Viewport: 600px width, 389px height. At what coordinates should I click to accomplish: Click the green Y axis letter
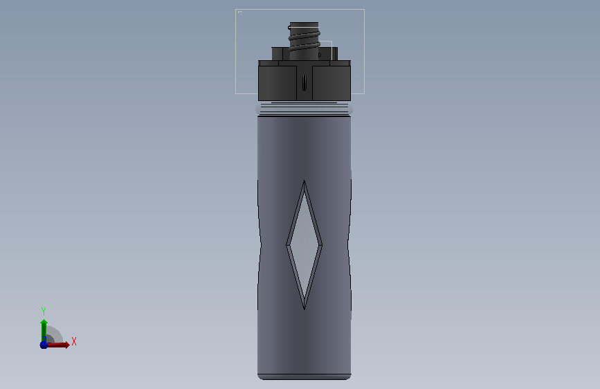tap(44, 311)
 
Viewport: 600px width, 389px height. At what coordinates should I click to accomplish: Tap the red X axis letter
tap(74, 341)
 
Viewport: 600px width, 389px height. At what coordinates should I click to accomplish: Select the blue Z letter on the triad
tap(44, 340)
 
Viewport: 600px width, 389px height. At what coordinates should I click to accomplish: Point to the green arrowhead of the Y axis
tap(44, 323)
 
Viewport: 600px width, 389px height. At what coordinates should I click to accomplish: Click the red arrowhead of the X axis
tap(67, 345)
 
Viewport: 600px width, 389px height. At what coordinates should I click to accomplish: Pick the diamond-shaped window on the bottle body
tap(304, 245)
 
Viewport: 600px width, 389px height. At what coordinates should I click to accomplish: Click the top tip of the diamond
tap(304, 181)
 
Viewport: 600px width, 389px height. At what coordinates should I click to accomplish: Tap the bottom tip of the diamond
tap(304, 309)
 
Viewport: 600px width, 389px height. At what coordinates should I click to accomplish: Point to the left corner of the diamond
tap(287, 245)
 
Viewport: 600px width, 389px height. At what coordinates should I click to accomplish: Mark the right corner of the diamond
tap(322, 245)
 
